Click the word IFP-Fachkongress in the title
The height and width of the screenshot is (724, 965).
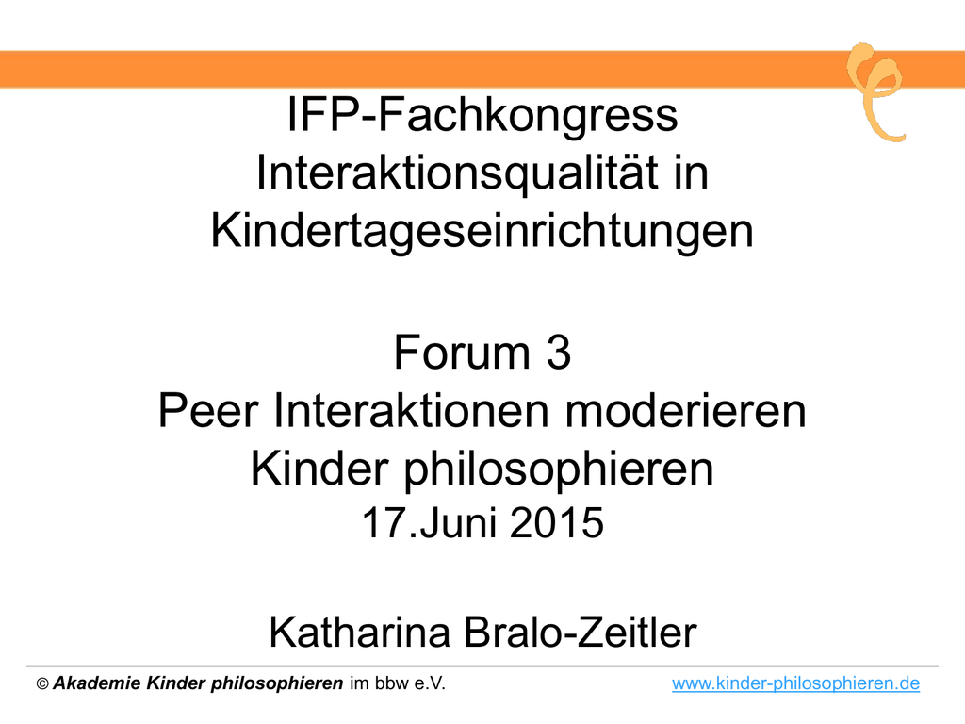click(482, 115)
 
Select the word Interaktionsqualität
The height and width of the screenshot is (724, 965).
click(457, 173)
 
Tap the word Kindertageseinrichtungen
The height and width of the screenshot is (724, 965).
click(482, 232)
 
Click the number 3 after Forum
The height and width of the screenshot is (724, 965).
click(558, 353)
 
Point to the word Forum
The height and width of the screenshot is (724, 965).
click(462, 353)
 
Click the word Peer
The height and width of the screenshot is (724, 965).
click(208, 411)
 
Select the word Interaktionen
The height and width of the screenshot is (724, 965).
click(411, 411)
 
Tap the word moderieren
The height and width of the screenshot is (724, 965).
click(686, 411)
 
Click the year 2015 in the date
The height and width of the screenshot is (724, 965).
click(557, 523)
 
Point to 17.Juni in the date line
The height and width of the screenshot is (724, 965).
click(431, 523)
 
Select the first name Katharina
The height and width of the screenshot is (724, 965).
click(360, 633)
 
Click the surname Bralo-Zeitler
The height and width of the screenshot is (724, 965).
click(581, 633)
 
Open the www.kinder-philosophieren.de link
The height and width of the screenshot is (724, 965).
click(795, 683)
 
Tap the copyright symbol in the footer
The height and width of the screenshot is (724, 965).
click(42, 684)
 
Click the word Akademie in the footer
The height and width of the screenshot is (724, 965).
click(97, 683)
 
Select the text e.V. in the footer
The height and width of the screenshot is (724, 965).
click(429, 684)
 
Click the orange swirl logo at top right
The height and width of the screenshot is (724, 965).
click(876, 91)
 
